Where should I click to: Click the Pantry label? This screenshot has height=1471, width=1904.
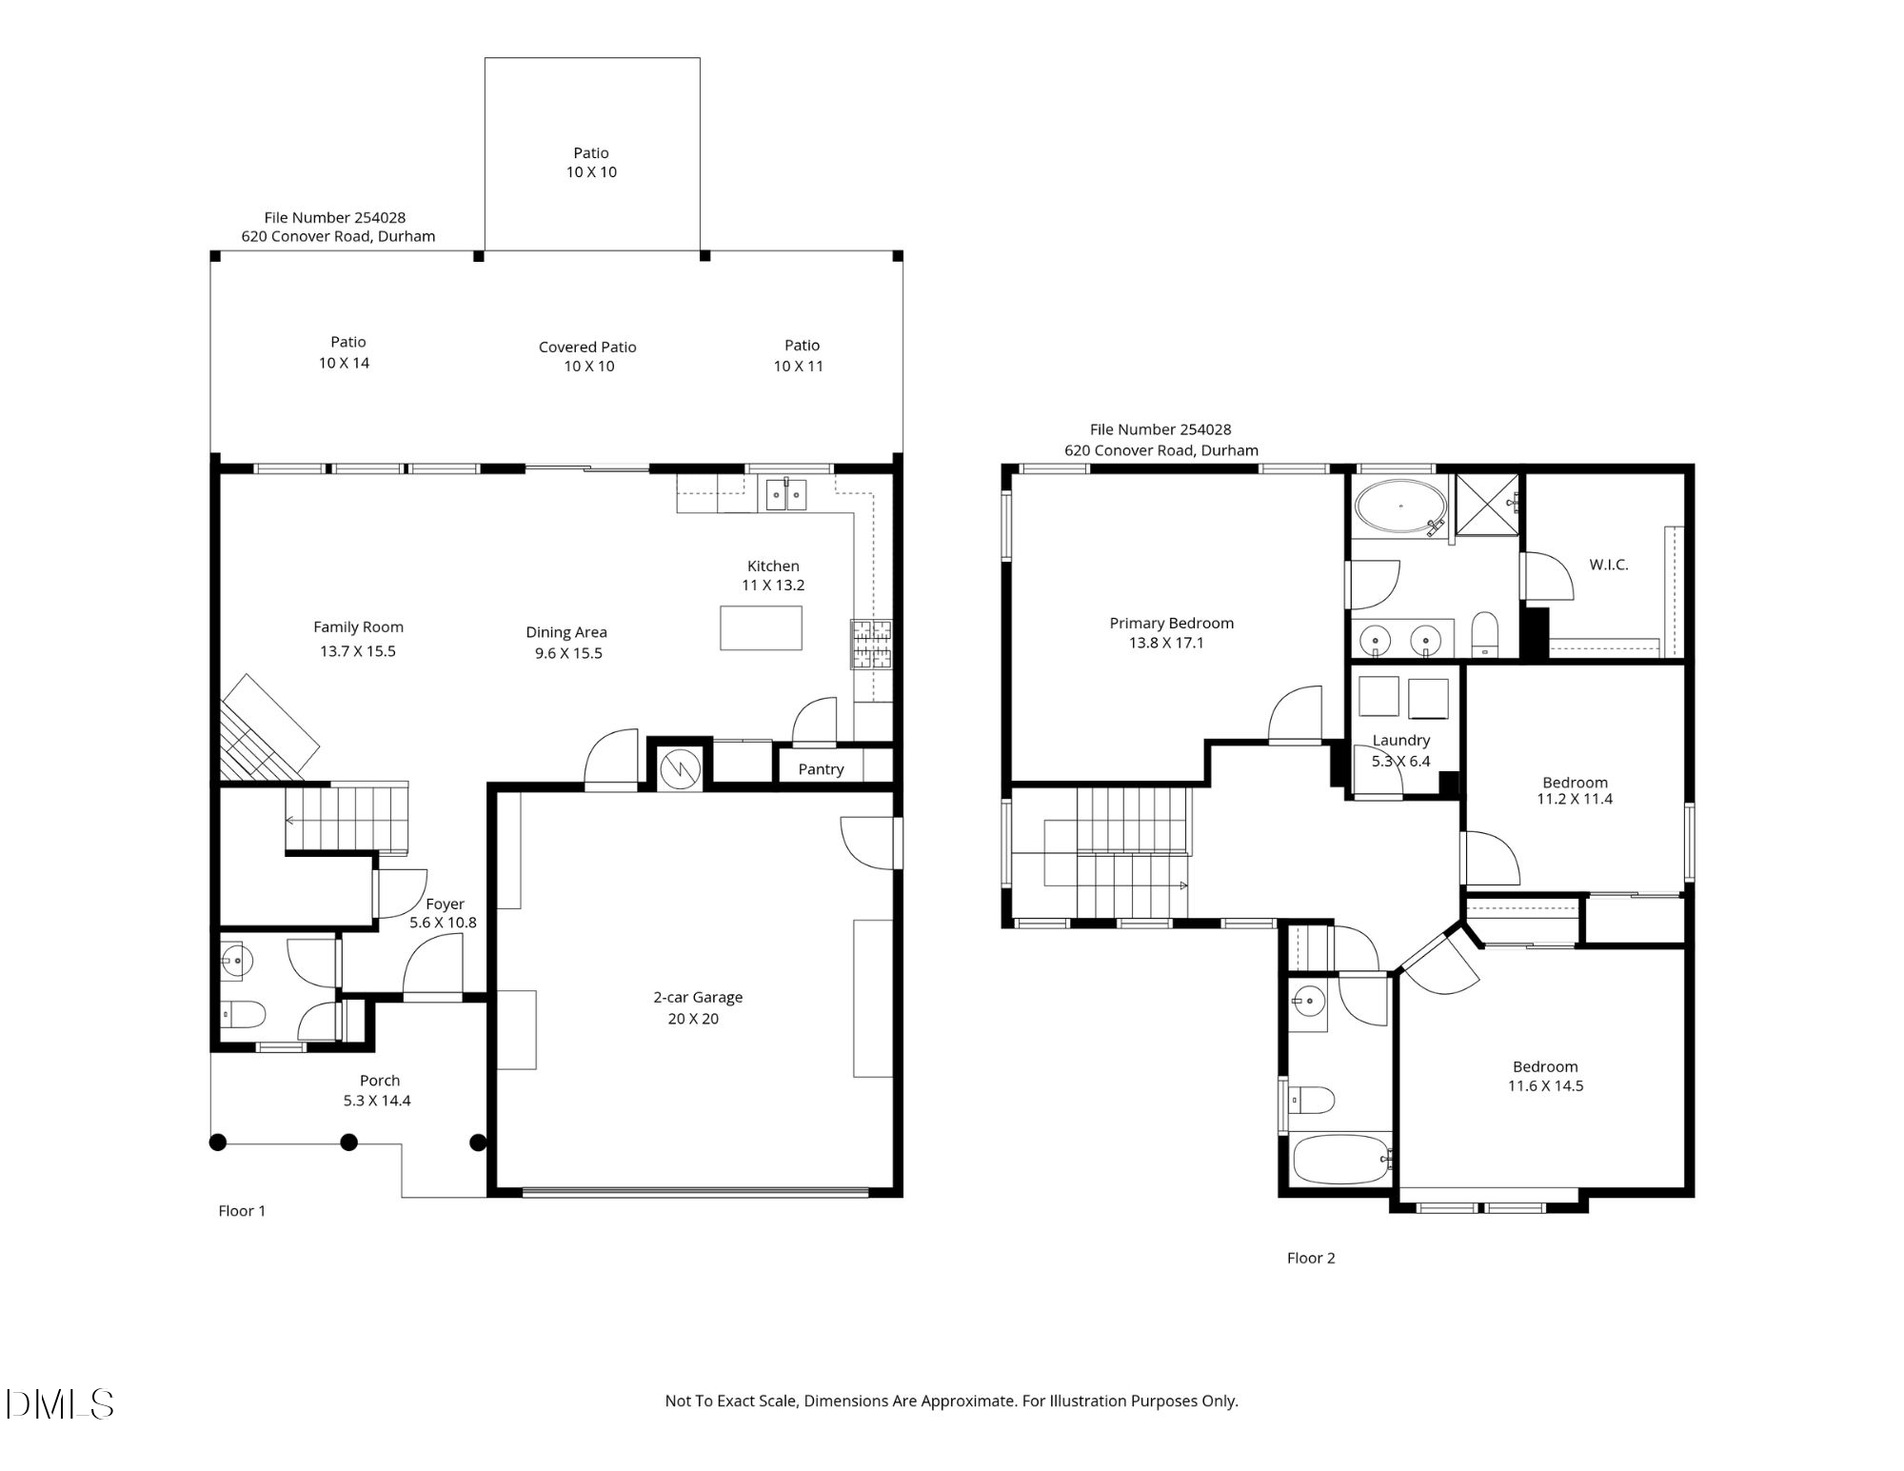tap(821, 769)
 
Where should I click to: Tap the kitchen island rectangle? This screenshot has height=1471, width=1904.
tap(761, 628)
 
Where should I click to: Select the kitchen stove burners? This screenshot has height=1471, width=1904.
tap(871, 644)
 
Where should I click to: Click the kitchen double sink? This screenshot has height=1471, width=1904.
tap(786, 495)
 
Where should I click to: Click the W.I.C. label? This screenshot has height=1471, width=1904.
tap(1609, 565)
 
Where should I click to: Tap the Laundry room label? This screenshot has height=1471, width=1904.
tap(1401, 740)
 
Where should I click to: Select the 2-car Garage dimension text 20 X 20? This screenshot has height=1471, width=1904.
tap(693, 1019)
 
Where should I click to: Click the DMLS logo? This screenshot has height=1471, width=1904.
tap(59, 1404)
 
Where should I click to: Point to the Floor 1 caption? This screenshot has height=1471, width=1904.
tap(242, 1211)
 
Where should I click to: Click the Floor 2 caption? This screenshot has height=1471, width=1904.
tap(1311, 1258)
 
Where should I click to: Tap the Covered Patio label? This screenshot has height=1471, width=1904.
tap(587, 348)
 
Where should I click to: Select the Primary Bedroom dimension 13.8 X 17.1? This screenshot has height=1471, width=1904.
tap(1166, 643)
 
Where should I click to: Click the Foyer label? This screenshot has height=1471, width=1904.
tap(445, 904)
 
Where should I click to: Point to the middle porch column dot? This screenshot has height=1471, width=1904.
tap(349, 1143)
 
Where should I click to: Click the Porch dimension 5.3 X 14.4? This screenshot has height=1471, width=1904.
tap(377, 1101)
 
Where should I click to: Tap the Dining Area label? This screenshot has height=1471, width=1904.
tap(566, 632)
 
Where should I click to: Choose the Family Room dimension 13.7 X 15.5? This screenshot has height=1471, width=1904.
tap(358, 651)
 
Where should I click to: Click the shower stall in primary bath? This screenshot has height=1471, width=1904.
tap(1488, 504)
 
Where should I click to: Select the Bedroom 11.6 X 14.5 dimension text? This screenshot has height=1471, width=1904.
tap(1546, 1086)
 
